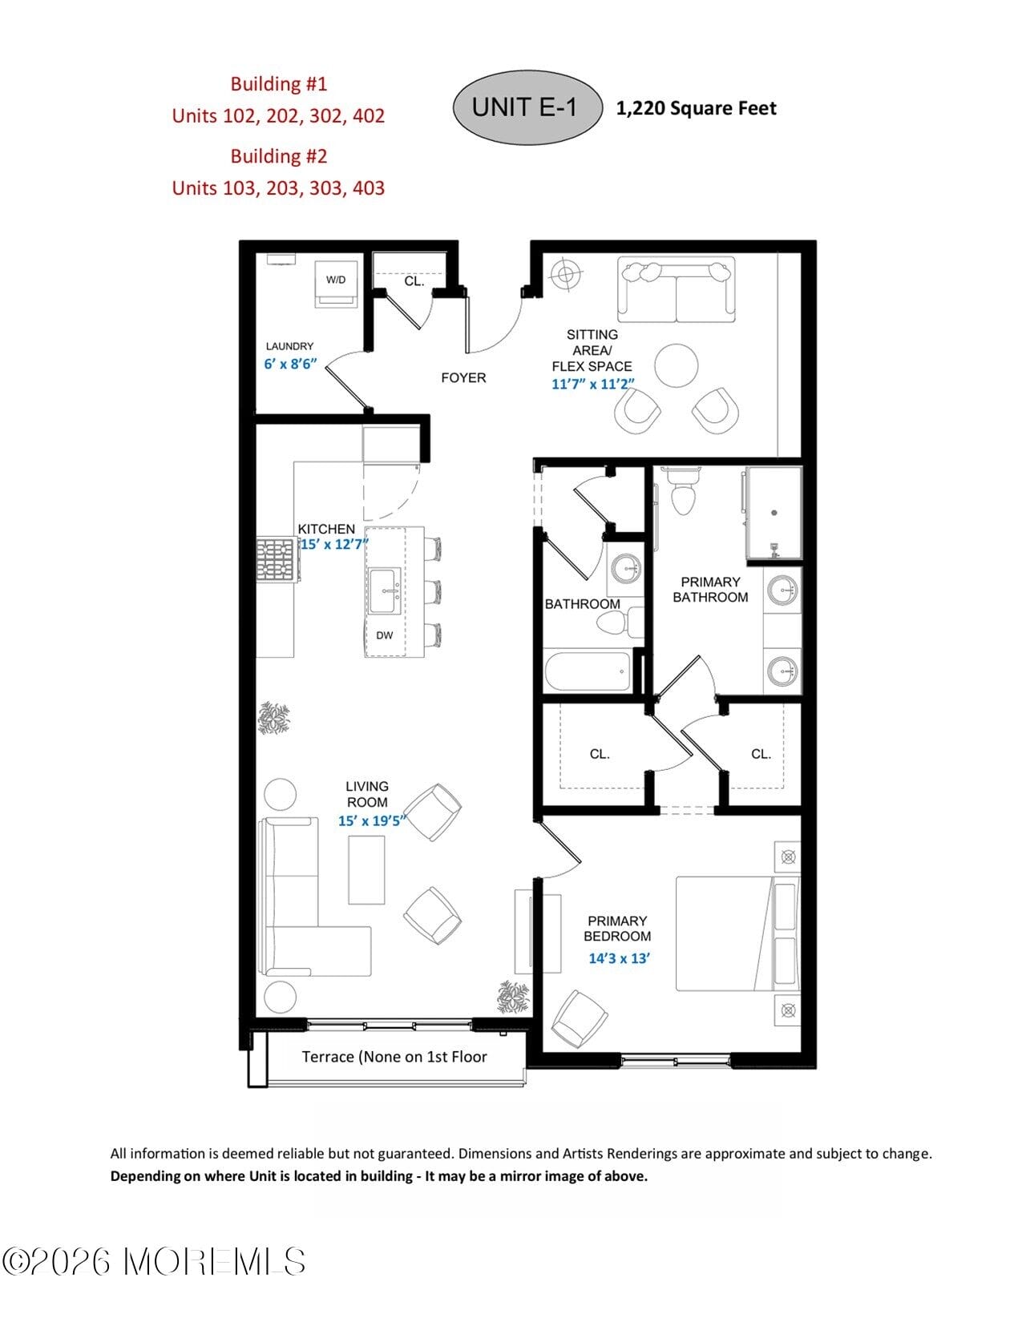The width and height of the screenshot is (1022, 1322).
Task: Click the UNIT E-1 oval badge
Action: click(527, 107)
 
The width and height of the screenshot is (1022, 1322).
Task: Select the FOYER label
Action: click(463, 377)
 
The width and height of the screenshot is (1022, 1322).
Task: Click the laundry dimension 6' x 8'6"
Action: click(290, 363)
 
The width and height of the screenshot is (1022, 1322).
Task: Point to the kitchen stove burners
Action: click(276, 559)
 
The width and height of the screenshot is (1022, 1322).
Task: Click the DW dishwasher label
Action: click(385, 635)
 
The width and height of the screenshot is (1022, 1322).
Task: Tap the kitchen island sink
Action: click(386, 591)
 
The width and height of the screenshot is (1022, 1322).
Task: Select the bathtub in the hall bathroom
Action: click(588, 671)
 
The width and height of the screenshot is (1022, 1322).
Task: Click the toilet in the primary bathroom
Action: click(684, 490)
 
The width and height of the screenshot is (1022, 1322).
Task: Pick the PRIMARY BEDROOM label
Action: click(617, 929)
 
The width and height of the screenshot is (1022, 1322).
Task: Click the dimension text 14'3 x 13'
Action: click(619, 958)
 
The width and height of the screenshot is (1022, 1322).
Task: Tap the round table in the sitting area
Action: click(677, 365)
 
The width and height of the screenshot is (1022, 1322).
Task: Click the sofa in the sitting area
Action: click(676, 291)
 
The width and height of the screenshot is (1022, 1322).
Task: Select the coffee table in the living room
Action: click(366, 869)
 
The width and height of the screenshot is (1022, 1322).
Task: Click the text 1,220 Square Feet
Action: click(696, 108)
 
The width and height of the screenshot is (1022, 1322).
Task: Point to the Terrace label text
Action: click(394, 1057)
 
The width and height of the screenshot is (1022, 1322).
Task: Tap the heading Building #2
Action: click(279, 156)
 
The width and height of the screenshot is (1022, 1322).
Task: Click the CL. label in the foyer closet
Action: click(414, 281)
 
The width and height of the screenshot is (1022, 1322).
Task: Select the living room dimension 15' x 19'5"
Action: click(372, 820)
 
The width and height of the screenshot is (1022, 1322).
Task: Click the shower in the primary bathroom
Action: click(774, 513)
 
